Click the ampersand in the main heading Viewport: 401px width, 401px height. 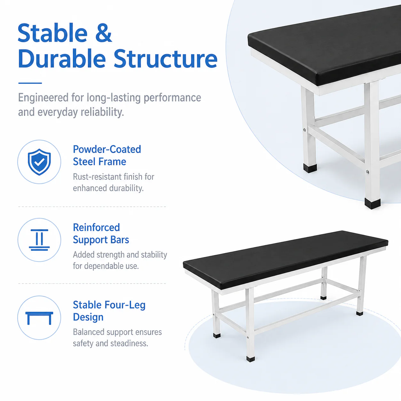pyautogui.click(x=104, y=33)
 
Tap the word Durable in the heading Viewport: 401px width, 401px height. pyautogui.click(x=62, y=59)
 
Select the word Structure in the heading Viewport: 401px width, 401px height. pyautogui.click(x=165, y=59)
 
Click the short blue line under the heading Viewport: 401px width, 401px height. pyautogui.click(x=30, y=83)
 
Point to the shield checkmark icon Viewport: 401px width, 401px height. pyautogui.click(x=39, y=162)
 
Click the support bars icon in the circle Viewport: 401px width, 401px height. pyautogui.click(x=39, y=240)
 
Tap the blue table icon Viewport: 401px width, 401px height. pyautogui.click(x=39, y=318)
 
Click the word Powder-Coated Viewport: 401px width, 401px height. pyautogui.click(x=107, y=149)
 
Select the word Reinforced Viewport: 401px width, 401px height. pyautogui.click(x=96, y=227)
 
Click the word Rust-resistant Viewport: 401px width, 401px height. pyautogui.click(x=97, y=177)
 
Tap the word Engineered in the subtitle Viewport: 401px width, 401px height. pyautogui.click(x=43, y=98)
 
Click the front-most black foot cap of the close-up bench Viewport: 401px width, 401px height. pyautogui.click(x=373, y=203)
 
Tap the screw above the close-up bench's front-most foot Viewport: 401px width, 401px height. pyautogui.click(x=367, y=172)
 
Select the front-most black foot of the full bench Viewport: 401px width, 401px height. pyautogui.click(x=251, y=359)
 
